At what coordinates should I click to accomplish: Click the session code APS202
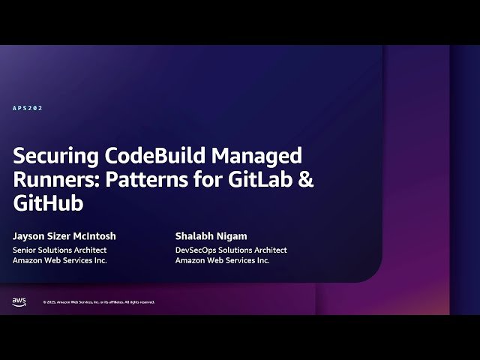pos(28,108)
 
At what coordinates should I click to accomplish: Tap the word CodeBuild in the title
pos(155,157)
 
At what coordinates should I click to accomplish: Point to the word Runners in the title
pos(54,180)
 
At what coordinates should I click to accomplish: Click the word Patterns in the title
pos(147,180)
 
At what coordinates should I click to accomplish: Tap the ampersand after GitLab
pos(307,180)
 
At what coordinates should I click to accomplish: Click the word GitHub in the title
pos(48,203)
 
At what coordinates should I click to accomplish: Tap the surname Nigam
pos(232,236)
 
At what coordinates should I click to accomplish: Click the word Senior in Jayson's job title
pos(25,250)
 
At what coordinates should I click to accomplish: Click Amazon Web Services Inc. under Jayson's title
pos(60,260)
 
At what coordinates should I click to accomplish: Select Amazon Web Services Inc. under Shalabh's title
pos(222,260)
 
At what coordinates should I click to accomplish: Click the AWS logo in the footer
pos(19,301)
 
